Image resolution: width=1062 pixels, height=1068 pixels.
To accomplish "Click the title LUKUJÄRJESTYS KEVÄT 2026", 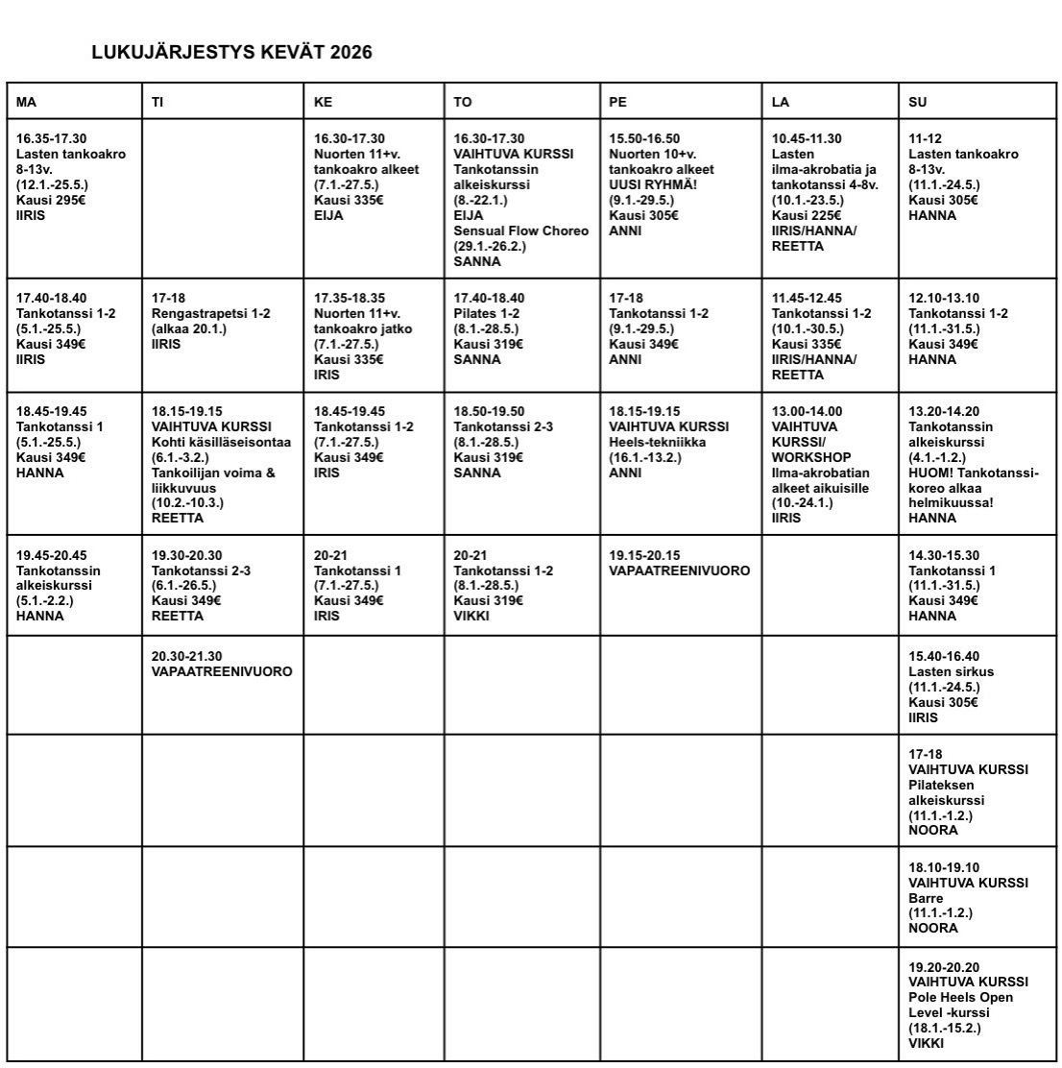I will pos(231,53).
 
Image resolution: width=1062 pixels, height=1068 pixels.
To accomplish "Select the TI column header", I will pos(222,102).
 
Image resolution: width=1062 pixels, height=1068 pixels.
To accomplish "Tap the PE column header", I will pos(681,102).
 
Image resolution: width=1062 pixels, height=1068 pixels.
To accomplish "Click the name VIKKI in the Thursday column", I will pos(471,616).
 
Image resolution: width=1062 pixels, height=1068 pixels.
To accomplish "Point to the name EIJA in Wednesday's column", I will pos(328,216).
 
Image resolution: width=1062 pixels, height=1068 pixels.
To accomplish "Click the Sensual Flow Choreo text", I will pos(521,231).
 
